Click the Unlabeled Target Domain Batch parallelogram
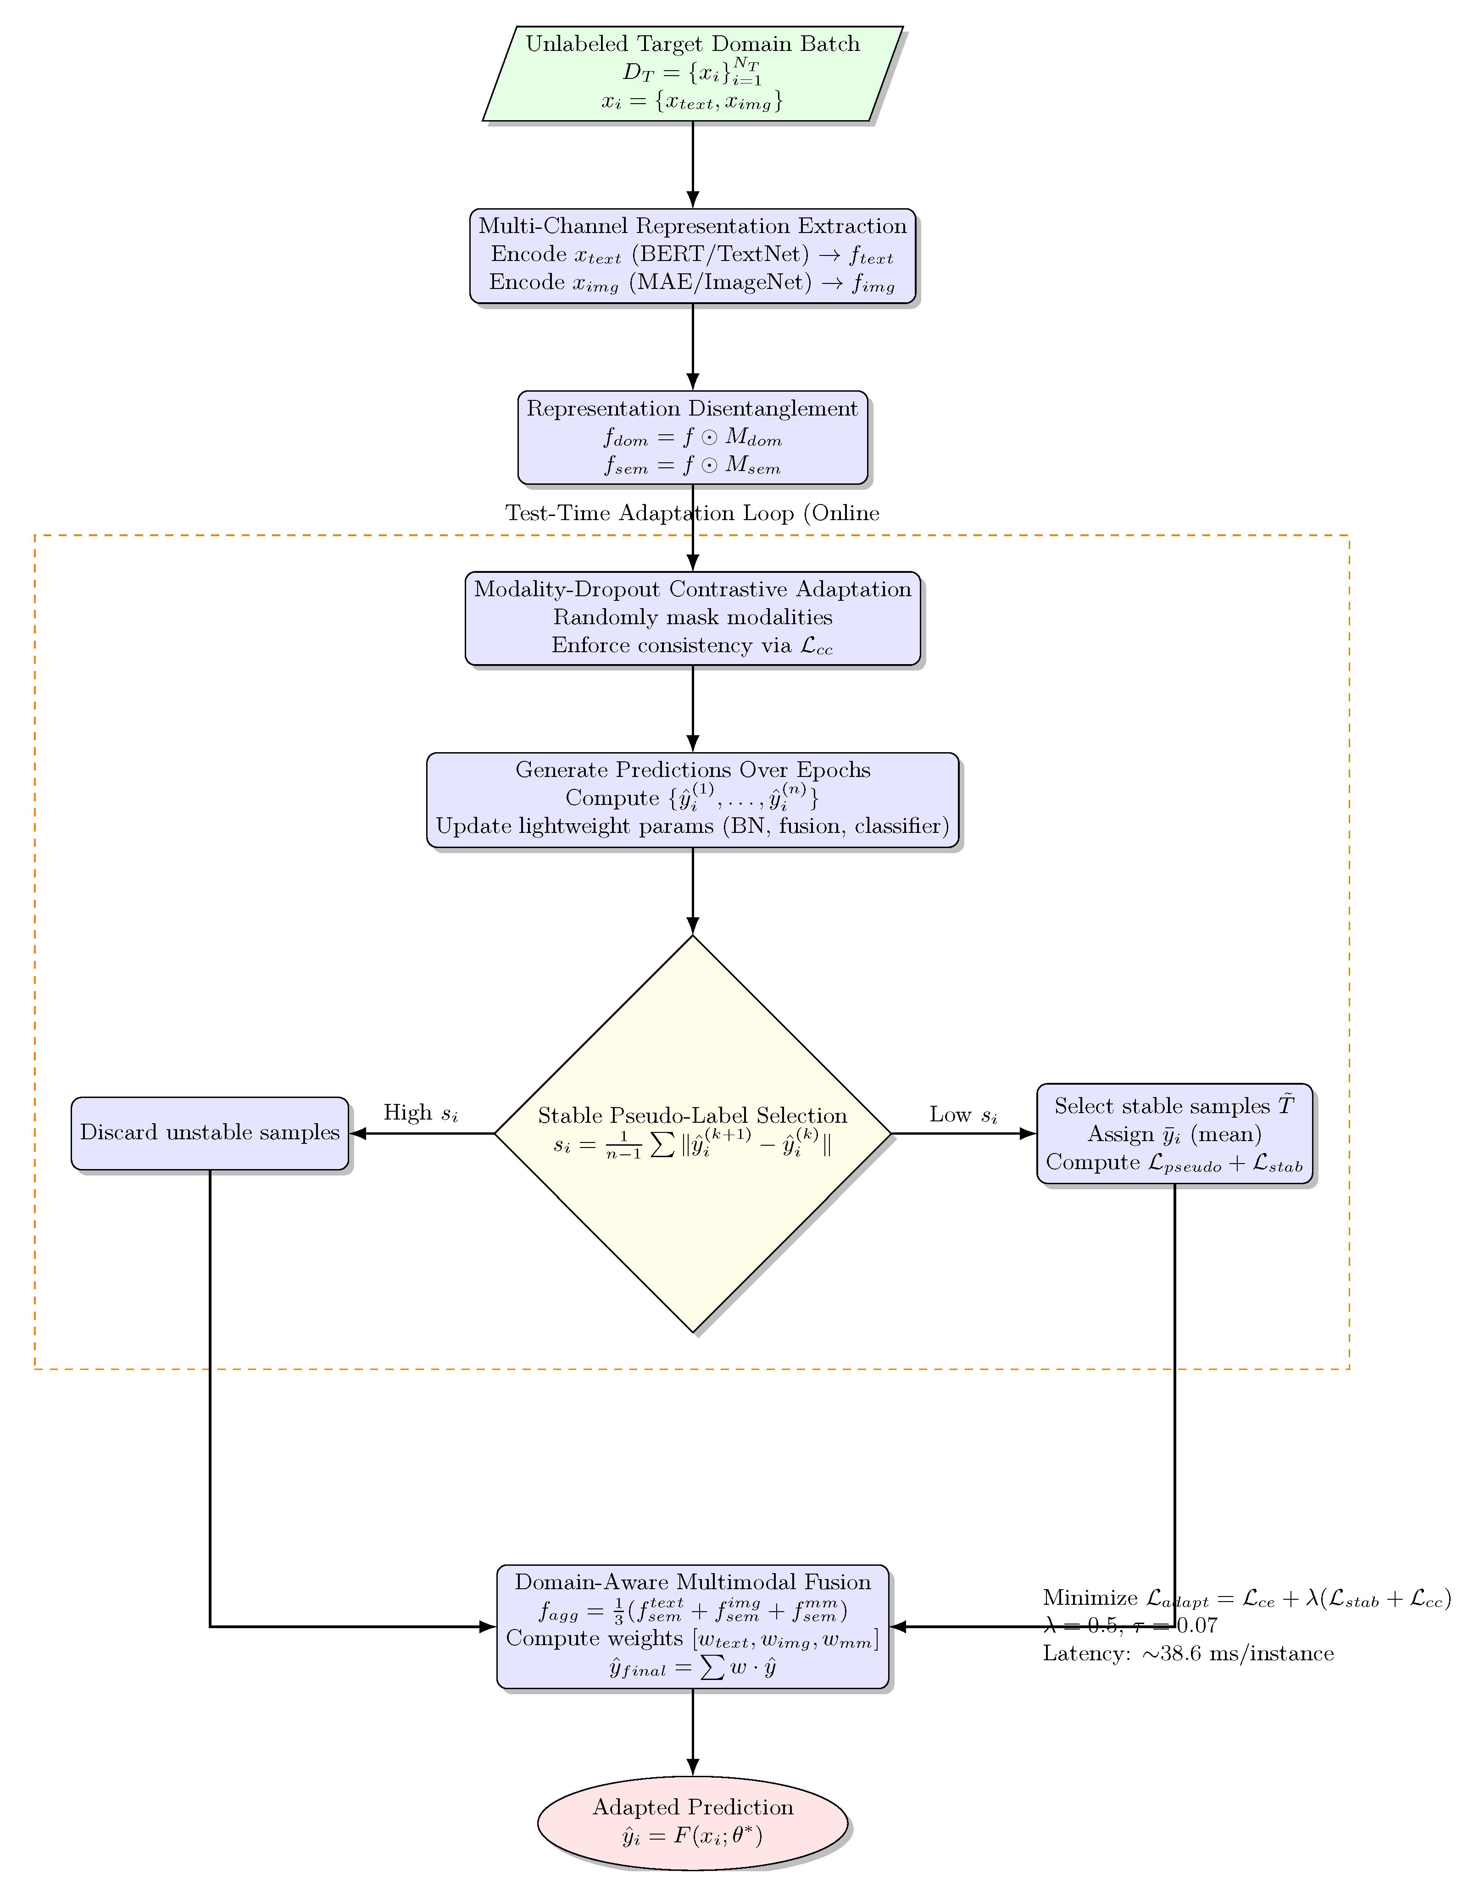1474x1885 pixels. click(x=693, y=73)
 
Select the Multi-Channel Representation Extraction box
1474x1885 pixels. click(x=693, y=255)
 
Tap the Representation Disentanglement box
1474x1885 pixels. click(x=693, y=438)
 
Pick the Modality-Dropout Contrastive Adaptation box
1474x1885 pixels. click(x=693, y=618)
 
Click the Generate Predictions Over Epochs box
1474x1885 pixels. click(x=693, y=799)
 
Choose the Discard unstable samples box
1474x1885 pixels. click(x=210, y=1133)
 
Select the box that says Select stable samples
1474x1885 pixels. click(x=1174, y=1133)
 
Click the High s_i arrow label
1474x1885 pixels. click(x=421, y=1114)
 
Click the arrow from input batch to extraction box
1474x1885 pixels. click(x=693, y=164)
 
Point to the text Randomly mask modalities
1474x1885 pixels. click(x=693, y=618)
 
